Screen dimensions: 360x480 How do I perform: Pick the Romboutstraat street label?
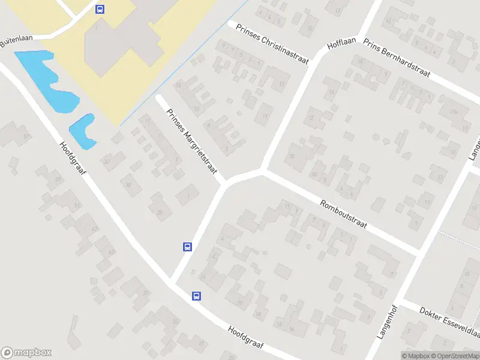[x=343, y=218]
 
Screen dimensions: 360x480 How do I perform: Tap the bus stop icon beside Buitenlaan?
[x=100, y=9]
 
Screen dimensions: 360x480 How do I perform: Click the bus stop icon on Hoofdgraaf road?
[x=196, y=295]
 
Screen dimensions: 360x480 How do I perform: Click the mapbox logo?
[x=26, y=353]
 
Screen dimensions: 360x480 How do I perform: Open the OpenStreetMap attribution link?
[x=455, y=356]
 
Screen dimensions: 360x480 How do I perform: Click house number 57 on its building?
[x=26, y=137]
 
